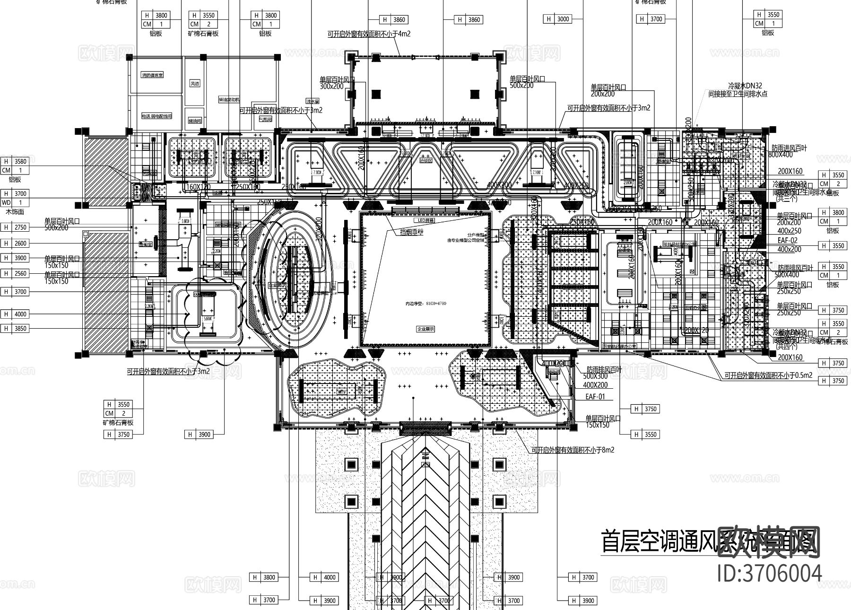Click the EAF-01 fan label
pyautogui.click(x=595, y=397)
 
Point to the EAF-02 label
pyautogui.click(x=787, y=241)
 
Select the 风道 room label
pyautogui.click(x=194, y=83)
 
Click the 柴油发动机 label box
pyautogui.click(x=229, y=100)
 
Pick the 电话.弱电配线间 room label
pyautogui.click(x=156, y=116)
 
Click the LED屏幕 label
pyautogui.click(x=425, y=220)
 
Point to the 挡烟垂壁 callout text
pyautogui.click(x=412, y=232)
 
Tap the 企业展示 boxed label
pyautogui.click(x=425, y=329)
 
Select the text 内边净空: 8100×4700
pyautogui.click(x=425, y=303)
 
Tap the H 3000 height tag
pyautogui.click(x=558, y=19)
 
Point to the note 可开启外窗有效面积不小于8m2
pyautogui.click(x=572, y=450)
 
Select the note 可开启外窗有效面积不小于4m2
pyautogui.click(x=368, y=34)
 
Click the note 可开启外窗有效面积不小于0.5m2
pyautogui.click(x=768, y=376)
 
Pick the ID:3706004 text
pyautogui.click(x=770, y=573)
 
